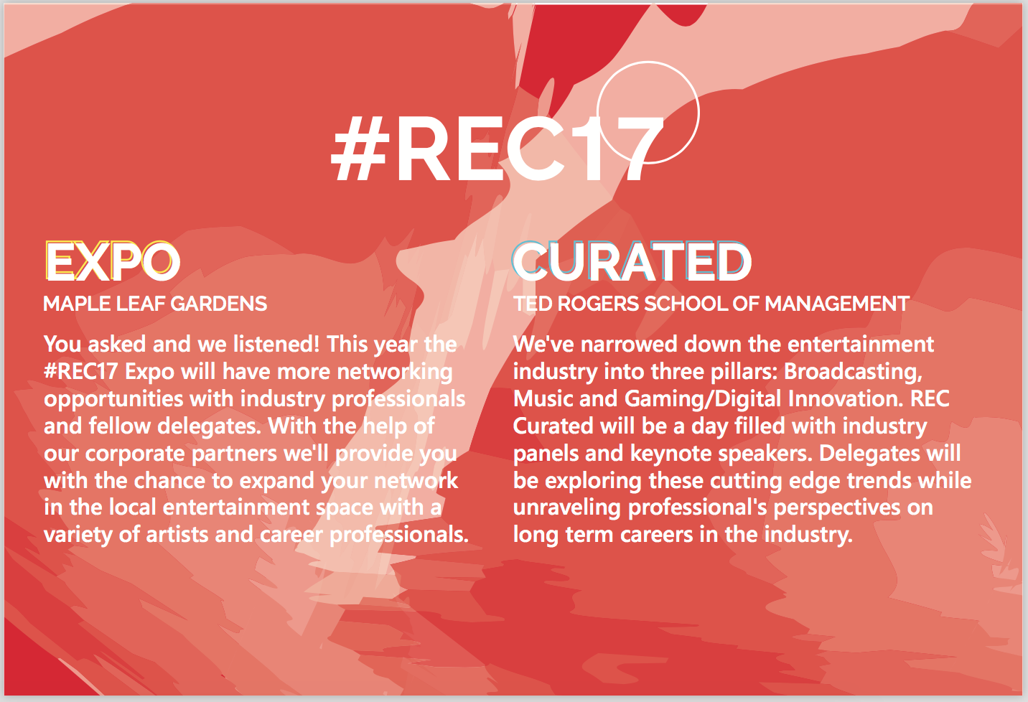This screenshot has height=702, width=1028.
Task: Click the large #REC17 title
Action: (x=497, y=149)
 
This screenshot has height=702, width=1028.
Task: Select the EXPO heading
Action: (x=113, y=261)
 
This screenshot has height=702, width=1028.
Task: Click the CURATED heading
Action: (x=632, y=261)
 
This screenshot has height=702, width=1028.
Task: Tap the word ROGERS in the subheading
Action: (x=598, y=304)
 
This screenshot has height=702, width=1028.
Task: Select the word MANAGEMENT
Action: (x=836, y=304)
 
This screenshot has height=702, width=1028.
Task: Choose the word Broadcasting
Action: (x=853, y=373)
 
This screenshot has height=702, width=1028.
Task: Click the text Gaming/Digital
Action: (x=703, y=400)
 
